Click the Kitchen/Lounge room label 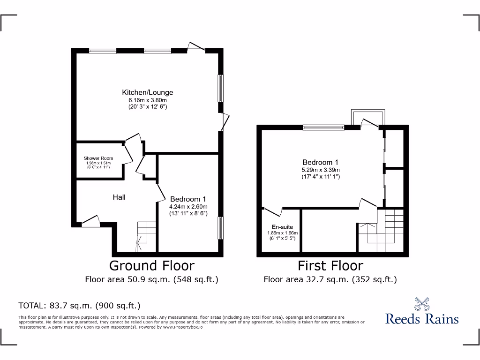(148, 92)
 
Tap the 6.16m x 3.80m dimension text (148, 100)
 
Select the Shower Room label (98, 158)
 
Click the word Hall (119, 197)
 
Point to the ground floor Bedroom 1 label (188, 199)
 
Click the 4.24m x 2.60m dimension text (188, 206)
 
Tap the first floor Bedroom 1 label (321, 162)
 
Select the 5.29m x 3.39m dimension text (321, 170)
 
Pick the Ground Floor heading (151, 266)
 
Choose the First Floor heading (330, 266)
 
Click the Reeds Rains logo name (422, 319)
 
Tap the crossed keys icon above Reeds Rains (422, 304)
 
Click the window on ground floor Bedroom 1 (221, 228)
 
